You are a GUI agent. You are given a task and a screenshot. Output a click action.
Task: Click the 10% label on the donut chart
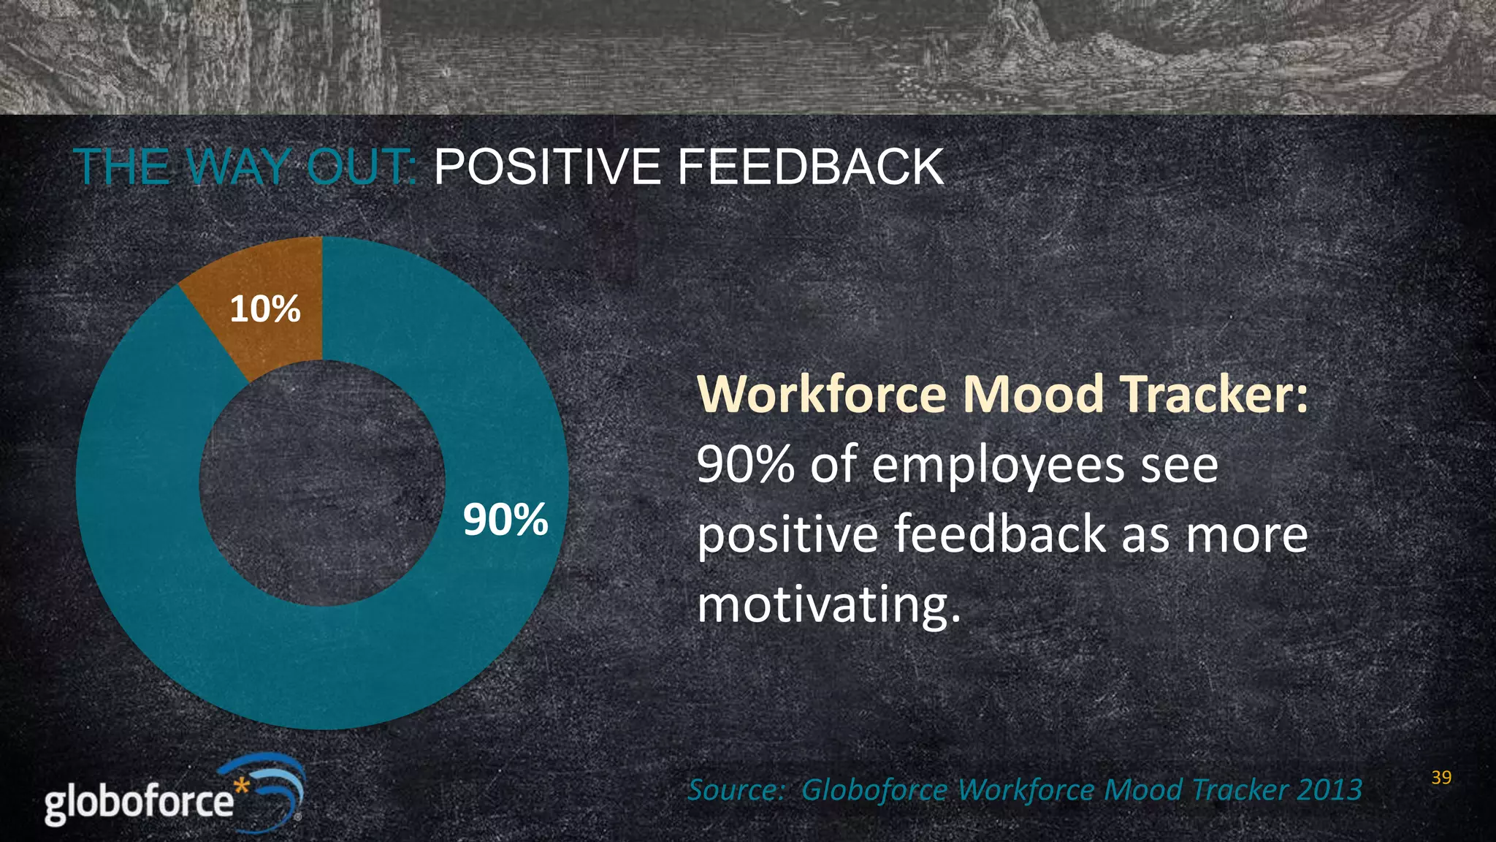click(265, 309)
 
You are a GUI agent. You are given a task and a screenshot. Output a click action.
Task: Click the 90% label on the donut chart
click(505, 520)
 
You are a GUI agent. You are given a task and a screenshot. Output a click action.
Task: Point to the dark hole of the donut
click(322, 483)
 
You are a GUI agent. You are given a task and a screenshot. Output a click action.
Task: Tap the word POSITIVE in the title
click(547, 167)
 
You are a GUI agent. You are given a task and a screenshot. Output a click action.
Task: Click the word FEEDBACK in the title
click(810, 167)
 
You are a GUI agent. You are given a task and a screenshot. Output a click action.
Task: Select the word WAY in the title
click(238, 167)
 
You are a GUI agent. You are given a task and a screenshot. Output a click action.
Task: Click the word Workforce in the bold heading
click(823, 395)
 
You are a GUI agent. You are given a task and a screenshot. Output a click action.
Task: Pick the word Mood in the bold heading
click(1033, 395)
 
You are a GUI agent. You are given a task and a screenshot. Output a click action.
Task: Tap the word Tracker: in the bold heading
click(1213, 395)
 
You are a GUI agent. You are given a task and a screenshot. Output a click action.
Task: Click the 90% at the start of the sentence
click(745, 465)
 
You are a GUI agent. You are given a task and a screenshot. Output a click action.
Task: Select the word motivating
click(828, 606)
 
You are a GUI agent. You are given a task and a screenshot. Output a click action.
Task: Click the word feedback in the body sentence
click(1000, 534)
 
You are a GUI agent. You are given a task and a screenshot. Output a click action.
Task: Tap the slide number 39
click(1441, 778)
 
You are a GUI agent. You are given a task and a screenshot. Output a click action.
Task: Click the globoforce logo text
click(139, 802)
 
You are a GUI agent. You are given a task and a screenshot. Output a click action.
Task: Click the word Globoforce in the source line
click(874, 790)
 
